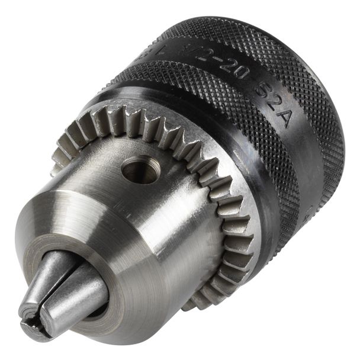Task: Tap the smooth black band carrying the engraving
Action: click(x=195, y=65)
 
